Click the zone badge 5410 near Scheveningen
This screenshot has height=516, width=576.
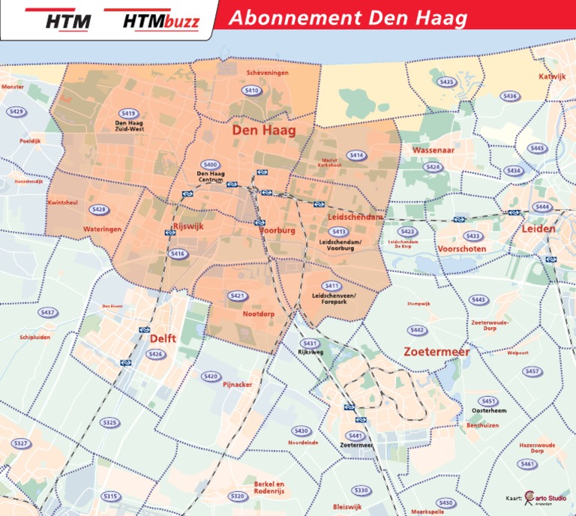pos(252,91)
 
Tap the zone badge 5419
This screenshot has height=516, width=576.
pos(128,112)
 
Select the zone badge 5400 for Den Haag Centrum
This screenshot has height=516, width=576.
pos(210,165)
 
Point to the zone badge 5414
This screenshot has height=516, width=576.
pos(356,155)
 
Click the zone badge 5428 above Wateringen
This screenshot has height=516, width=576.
pos(98,209)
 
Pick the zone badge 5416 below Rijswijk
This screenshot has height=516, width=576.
pos(177,254)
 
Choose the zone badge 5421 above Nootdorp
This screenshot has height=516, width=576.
pos(238,296)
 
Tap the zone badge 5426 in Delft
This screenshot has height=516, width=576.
pos(154,354)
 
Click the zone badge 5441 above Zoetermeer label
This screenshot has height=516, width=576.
pos(355,436)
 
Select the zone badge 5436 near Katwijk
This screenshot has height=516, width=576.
pos(509,96)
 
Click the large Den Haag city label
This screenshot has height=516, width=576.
pos(263,130)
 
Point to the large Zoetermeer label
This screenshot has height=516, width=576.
pos(436,352)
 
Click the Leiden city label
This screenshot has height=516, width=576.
pos(538,228)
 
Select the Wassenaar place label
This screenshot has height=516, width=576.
pos(433,150)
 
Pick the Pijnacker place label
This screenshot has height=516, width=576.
pos(237,384)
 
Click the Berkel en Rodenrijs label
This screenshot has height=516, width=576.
pos(271,487)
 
